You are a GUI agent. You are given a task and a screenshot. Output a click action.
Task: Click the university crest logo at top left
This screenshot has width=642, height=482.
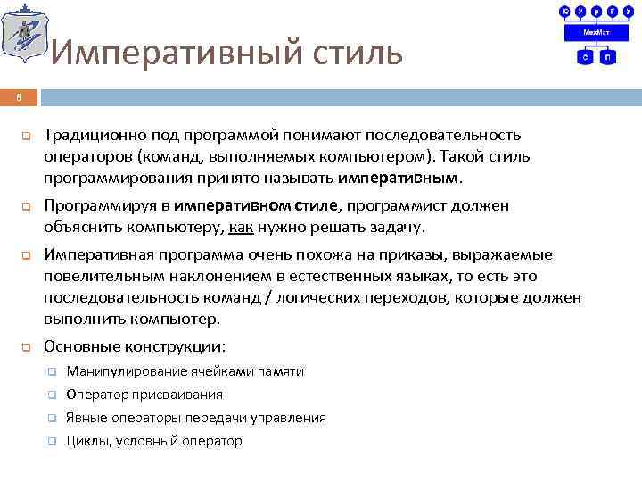[25, 34]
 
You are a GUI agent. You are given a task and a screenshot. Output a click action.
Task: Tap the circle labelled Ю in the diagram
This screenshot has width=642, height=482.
[564, 11]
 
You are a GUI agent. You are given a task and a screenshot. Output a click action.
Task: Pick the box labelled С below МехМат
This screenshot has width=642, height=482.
[585, 56]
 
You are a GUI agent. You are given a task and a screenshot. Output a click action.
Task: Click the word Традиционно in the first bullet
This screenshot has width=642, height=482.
[86, 135]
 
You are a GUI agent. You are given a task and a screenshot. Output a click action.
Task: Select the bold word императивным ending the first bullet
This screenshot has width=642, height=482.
[400, 178]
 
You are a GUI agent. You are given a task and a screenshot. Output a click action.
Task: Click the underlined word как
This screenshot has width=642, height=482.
[241, 227]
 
